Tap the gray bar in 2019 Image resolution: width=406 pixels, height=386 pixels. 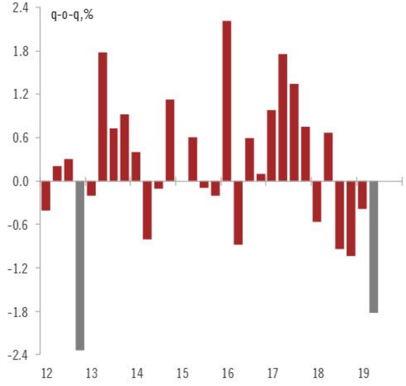click(374, 247)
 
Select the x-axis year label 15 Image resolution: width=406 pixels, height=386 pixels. click(182, 373)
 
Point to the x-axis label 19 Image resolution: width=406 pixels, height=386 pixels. click(364, 373)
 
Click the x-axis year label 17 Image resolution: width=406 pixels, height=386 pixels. click(273, 373)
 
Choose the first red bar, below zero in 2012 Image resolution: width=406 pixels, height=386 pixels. click(46, 196)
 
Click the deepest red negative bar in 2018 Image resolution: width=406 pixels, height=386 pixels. click(351, 218)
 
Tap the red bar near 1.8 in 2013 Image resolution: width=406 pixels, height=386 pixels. click(103, 117)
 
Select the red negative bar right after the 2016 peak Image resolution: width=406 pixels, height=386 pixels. click(238, 213)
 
